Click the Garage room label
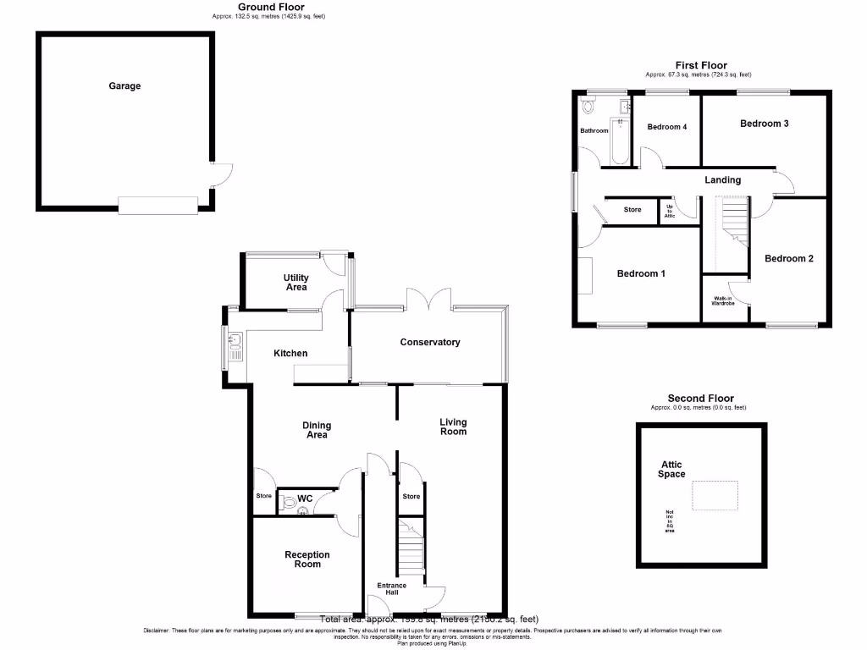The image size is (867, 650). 124,85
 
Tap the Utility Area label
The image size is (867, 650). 296,283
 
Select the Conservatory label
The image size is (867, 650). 430,342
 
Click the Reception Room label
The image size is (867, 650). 307,559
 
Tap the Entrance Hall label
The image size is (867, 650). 392,588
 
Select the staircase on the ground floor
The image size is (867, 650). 410,548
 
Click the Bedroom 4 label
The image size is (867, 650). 667,127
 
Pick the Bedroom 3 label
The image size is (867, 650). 764,124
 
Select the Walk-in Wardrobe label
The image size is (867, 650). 722,301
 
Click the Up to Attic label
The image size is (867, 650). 669,211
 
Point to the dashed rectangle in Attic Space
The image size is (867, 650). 715,495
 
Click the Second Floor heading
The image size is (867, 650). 700,398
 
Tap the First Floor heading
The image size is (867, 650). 700,65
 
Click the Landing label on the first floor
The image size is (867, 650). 722,179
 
